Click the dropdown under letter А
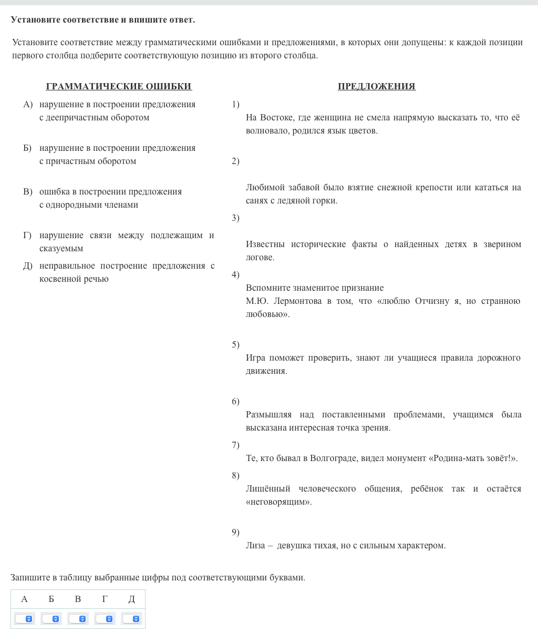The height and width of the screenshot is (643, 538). [x=24, y=619]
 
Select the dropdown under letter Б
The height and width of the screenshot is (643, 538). [x=51, y=619]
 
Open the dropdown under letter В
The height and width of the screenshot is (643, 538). [x=78, y=619]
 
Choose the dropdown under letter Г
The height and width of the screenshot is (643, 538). [x=105, y=619]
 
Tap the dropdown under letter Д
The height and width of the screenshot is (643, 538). [x=131, y=619]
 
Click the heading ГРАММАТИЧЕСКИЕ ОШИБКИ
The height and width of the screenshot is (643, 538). [x=119, y=86]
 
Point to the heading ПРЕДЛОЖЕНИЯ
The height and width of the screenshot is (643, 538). [x=377, y=86]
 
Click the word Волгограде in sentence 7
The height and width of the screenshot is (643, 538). [x=334, y=458]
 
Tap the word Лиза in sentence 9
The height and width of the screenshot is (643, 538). [x=255, y=545]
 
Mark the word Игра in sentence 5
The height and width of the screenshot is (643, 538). [x=255, y=358]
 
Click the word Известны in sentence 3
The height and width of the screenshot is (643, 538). [x=265, y=244]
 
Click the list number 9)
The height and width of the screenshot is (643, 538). [x=235, y=532]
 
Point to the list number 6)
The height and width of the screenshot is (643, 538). [x=235, y=402]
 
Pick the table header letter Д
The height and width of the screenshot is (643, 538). [x=131, y=599]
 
